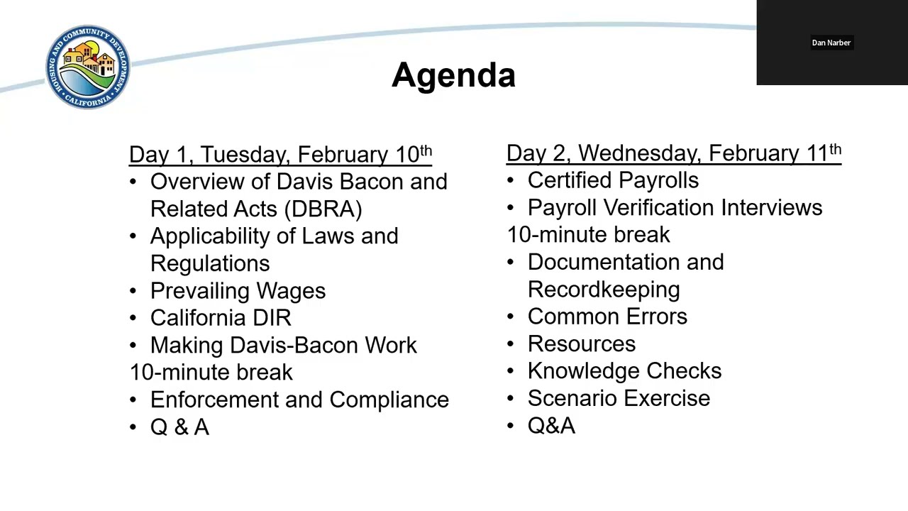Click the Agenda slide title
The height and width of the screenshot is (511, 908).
pos(453,75)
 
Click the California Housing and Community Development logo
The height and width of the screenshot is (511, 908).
pos(88,67)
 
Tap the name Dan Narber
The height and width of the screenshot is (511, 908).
pos(831,43)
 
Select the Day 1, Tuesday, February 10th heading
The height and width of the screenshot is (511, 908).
pos(280,155)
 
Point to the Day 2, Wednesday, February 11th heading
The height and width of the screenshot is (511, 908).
pos(673,153)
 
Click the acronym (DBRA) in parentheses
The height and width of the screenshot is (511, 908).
pos(323,209)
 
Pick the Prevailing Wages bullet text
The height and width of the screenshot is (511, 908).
pos(238,291)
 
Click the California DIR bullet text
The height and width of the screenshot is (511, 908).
pos(221,318)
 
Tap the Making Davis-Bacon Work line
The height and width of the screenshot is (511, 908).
pos(283,346)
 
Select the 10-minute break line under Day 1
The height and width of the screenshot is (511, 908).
pos(211,373)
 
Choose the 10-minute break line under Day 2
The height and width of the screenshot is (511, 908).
pos(588,235)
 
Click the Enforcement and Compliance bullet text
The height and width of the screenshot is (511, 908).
pos(299,400)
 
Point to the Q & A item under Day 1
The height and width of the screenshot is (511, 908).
pos(179,427)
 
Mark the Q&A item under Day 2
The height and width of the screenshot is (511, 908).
pos(551,426)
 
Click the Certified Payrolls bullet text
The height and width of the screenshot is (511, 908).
pos(613,181)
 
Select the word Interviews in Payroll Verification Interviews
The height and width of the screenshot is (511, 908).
pos(772,208)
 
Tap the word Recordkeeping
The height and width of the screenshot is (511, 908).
pos(604,290)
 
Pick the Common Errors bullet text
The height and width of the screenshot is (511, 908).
pos(607,317)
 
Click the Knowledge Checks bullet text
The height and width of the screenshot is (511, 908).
pos(624,371)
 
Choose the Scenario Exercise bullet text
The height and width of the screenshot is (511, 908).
pos(619,399)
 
